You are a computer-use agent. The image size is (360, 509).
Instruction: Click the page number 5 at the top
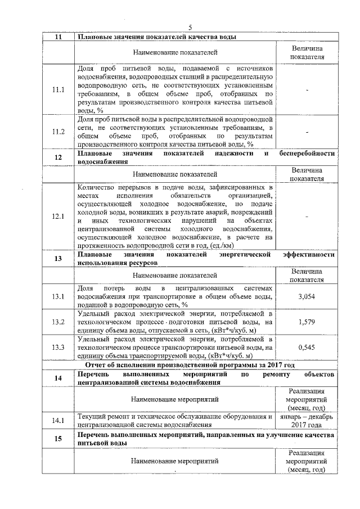(x=190, y=28)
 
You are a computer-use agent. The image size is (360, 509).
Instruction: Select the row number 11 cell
(x=58, y=37)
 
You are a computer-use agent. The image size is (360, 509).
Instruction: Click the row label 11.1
(x=58, y=89)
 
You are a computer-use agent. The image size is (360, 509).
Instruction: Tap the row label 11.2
(x=58, y=132)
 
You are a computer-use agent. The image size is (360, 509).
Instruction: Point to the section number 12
(x=58, y=157)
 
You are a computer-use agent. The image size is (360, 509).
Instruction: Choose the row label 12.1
(x=58, y=216)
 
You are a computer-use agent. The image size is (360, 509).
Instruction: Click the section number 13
(x=58, y=259)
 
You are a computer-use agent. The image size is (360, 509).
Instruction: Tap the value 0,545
(x=307, y=347)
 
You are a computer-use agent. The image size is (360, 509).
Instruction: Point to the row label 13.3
(x=58, y=347)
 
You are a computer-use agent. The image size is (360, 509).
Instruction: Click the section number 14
(x=58, y=378)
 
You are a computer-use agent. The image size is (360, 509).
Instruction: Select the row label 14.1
(x=58, y=420)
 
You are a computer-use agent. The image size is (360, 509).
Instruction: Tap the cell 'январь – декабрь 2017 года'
(x=307, y=420)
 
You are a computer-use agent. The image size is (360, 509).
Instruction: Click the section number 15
(x=58, y=439)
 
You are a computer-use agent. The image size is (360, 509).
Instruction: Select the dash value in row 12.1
(x=307, y=216)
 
